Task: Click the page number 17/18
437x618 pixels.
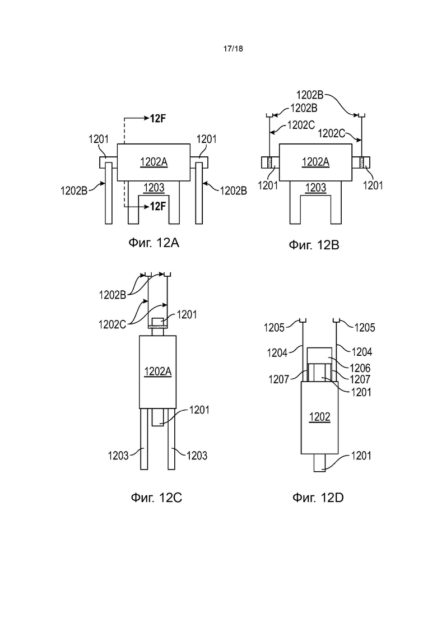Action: (x=233, y=49)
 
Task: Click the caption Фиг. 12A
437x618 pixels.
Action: (x=154, y=243)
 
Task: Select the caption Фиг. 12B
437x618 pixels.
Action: (x=314, y=245)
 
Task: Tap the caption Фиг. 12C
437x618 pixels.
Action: (x=156, y=498)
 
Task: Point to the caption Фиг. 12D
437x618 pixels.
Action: (x=318, y=498)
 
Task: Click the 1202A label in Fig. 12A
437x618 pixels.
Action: (x=154, y=161)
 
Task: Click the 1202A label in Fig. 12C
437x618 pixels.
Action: (x=157, y=371)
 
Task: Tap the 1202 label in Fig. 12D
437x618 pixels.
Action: (x=319, y=417)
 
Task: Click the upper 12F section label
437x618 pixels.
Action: (x=157, y=118)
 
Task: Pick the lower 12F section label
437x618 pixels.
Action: (x=157, y=206)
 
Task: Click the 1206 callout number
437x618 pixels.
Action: (x=360, y=368)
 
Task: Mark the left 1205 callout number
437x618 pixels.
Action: (x=275, y=327)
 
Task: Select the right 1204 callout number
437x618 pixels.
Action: (x=361, y=351)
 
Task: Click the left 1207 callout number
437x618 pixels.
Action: (x=279, y=379)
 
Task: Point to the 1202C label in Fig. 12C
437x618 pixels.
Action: (x=112, y=324)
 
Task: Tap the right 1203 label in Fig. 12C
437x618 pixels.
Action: (x=197, y=456)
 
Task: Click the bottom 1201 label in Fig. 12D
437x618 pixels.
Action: (x=361, y=456)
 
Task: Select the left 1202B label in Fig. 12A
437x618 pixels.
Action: (x=74, y=190)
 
